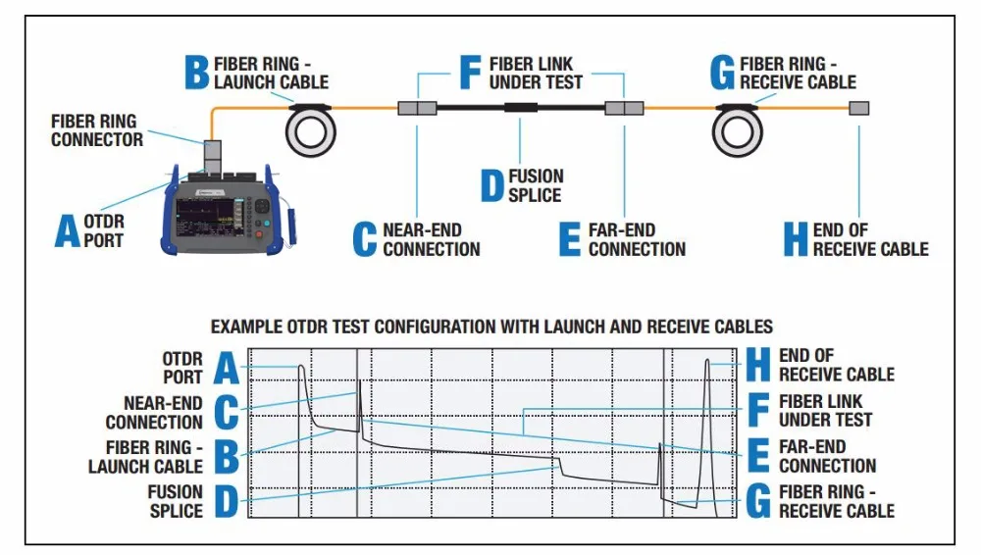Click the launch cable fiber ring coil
311,130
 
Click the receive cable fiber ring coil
738,130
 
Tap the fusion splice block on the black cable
521,108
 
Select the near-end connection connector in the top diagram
417,108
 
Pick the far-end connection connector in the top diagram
624,108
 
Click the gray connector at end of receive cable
859,108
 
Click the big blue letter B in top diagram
196,73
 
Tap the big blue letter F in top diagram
470,73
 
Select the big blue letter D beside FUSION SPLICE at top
491,185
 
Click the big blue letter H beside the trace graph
758,365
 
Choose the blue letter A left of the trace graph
227,368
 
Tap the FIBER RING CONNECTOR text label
97,130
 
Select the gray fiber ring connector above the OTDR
213,155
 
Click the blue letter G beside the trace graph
758,502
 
